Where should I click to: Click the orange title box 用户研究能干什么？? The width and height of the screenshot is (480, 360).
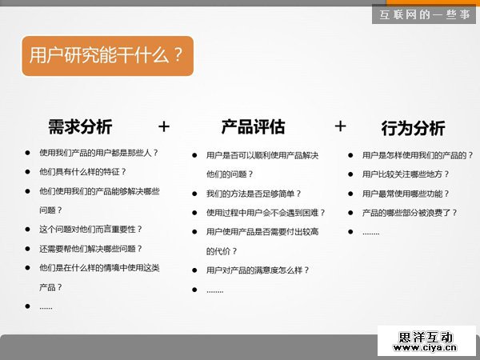tap(107, 55)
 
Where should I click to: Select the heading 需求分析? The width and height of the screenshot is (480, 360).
tap(80, 126)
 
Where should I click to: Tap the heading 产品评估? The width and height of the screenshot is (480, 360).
tap(253, 126)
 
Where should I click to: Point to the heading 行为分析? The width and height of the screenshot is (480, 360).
tap(413, 128)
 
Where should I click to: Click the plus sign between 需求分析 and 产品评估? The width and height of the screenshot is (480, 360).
tap(164, 126)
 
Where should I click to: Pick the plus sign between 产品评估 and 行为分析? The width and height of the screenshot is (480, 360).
tap(340, 126)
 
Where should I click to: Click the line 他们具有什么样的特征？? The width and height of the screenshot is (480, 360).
tap(82, 171)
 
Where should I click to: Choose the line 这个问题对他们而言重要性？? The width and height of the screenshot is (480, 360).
tap(90, 229)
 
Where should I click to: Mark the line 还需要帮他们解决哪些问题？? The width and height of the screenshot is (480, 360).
tap(90, 248)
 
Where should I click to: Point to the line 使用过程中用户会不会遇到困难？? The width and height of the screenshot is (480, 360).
tap(266, 213)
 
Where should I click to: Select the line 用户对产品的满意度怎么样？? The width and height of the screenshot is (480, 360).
tap(258, 270)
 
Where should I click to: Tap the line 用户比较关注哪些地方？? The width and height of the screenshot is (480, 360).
tap(406, 174)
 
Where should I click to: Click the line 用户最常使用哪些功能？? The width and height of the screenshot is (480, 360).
tap(406, 194)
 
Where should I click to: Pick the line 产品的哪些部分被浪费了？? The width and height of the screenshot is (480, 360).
tap(410, 213)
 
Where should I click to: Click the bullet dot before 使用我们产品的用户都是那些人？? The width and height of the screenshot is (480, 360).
tap(27, 152)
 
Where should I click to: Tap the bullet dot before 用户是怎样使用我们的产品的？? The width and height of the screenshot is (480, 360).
tap(350, 155)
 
